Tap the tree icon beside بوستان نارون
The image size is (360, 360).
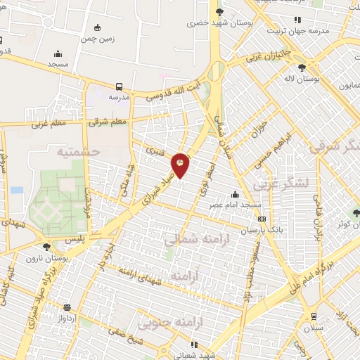pos(46,246)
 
